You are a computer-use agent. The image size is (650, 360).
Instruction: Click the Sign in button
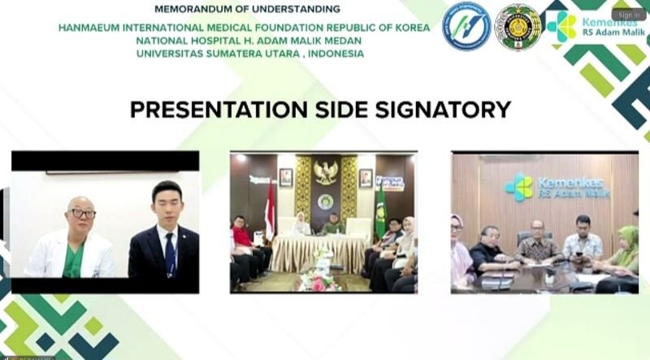(x=629, y=15)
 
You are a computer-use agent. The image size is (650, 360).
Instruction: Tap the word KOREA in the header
(x=410, y=26)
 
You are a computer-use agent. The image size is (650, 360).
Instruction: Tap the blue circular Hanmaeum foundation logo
(x=466, y=26)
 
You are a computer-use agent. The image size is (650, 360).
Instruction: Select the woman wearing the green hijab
(x=628, y=248)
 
